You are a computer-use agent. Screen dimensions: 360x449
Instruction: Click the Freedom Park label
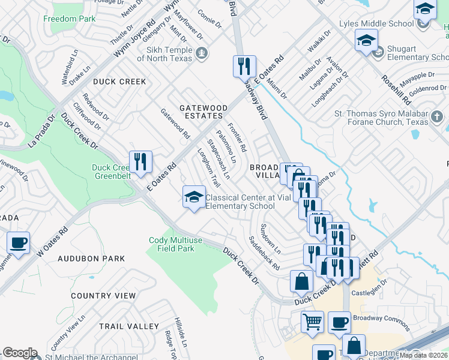tap(69, 19)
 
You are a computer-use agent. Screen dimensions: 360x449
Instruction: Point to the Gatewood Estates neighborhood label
tap(203, 112)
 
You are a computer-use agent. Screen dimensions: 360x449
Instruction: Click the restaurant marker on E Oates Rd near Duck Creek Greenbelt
tap(140, 162)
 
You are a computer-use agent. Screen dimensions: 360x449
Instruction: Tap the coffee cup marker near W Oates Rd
tap(18, 244)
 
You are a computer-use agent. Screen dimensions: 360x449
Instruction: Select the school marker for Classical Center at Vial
tap(194, 197)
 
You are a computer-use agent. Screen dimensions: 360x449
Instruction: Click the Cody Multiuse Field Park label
tap(172, 244)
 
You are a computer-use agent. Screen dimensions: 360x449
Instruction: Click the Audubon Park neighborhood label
tap(91, 259)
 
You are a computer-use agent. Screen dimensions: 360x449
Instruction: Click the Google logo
tap(20, 353)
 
